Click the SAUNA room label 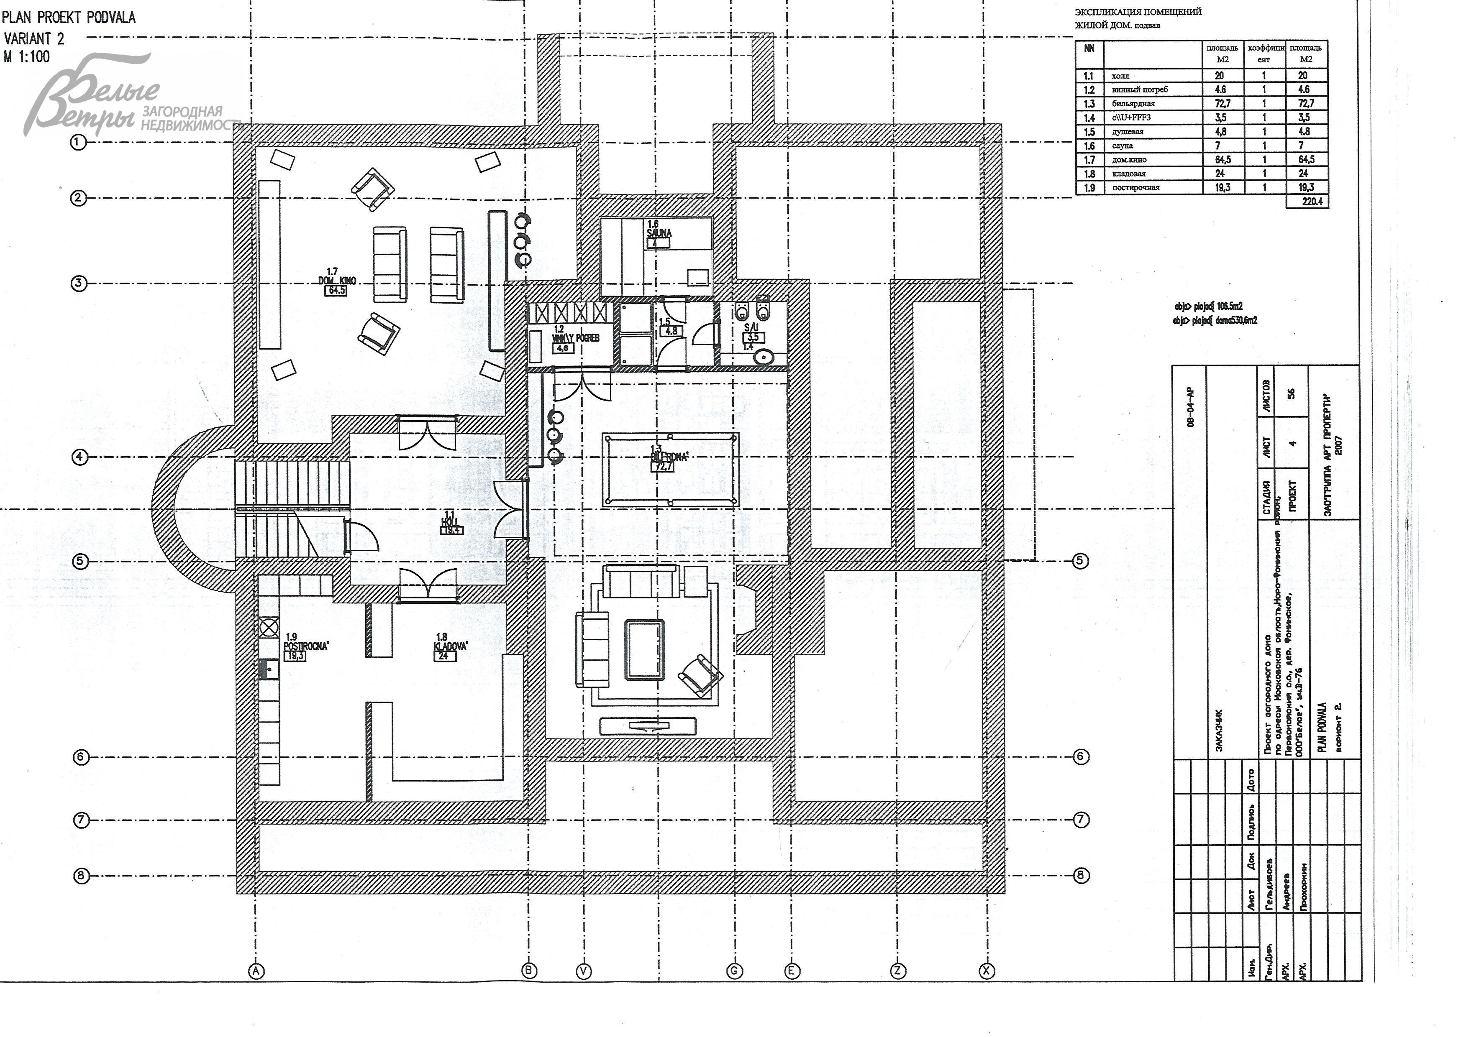[659, 233]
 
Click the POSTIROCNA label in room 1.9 [306, 646]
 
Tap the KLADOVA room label [450, 646]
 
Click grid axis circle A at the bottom [256, 971]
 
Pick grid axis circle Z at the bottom [898, 971]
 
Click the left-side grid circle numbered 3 [79, 283]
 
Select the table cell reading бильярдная [1133, 103]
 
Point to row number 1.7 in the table [1089, 160]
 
